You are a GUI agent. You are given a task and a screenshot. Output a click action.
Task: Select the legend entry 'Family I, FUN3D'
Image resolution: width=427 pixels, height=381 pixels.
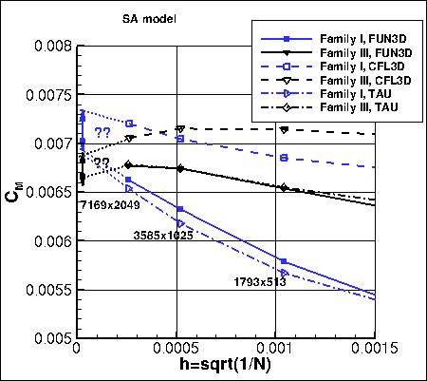361,41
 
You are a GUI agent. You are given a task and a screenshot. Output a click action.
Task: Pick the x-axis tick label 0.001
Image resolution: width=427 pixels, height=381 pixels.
278,350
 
